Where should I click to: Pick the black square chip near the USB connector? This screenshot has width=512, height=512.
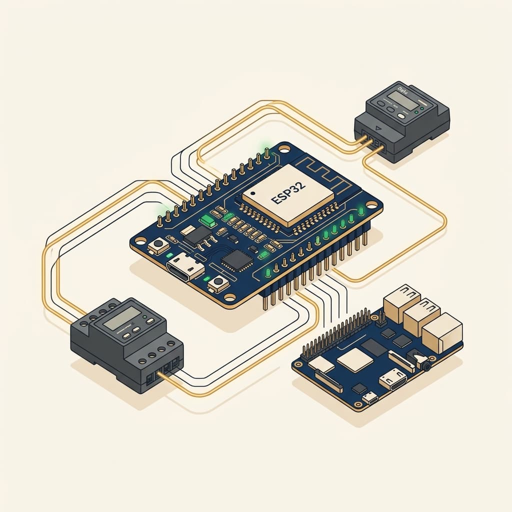pos(233,259)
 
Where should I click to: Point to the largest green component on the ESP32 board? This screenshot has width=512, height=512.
pos(205,220)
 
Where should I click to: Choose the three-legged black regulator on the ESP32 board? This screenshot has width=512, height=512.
pos(195,234)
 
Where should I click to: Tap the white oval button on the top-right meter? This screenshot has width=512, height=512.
pos(402,116)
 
